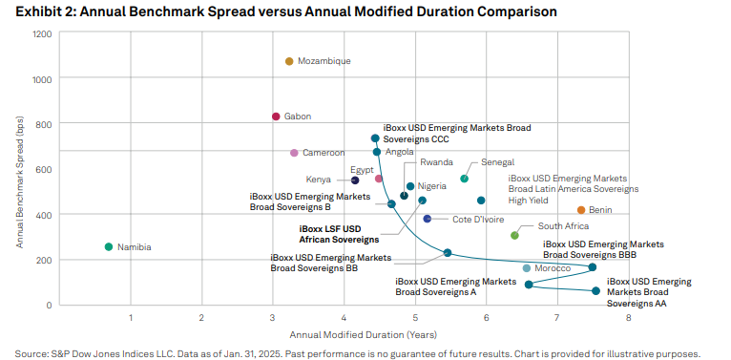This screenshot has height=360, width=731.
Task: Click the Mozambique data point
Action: click(x=289, y=61)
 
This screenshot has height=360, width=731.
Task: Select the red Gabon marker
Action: click(x=276, y=116)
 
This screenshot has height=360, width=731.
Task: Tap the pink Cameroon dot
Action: click(x=294, y=153)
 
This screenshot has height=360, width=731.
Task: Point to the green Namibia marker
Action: click(x=109, y=247)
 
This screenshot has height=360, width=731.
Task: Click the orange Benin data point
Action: click(x=580, y=210)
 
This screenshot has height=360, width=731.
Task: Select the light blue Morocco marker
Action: click(x=526, y=268)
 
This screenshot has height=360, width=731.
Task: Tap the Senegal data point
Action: click(x=465, y=179)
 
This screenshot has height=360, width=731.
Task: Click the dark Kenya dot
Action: click(x=355, y=180)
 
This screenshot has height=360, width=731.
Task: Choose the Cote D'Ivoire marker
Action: click(x=428, y=220)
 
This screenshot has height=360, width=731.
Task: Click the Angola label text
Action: click(x=399, y=152)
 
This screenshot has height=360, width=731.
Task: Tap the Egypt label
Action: click(x=362, y=169)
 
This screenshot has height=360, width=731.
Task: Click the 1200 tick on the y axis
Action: click(x=41, y=34)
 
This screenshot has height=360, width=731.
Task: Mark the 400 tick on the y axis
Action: click(x=43, y=215)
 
